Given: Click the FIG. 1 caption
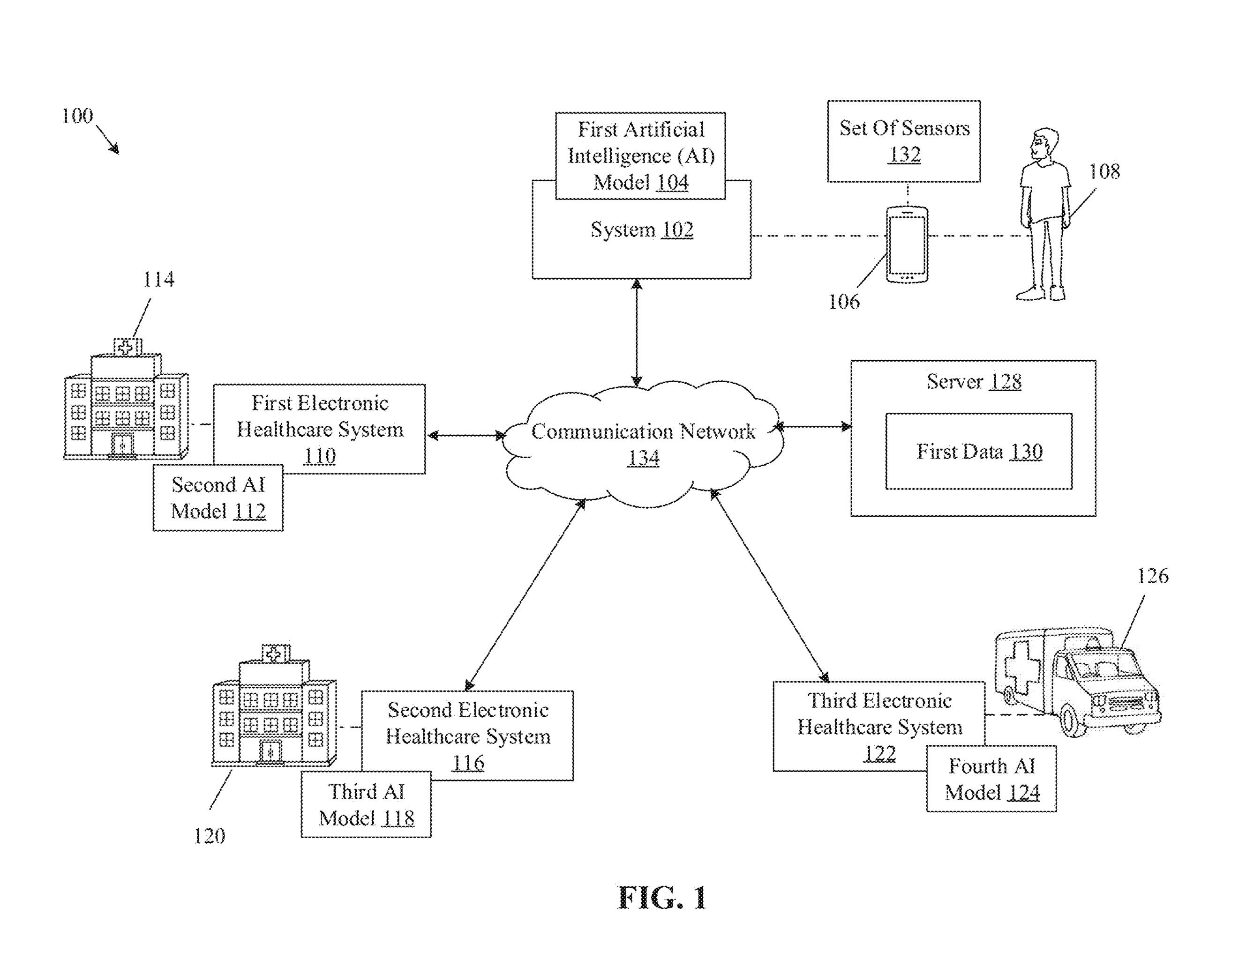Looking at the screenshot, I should click(661, 898).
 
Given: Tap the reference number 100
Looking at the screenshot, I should click(77, 117).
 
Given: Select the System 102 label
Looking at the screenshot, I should click(641, 230).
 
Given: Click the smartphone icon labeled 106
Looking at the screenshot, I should click(907, 245).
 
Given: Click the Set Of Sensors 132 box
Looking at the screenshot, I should click(904, 141).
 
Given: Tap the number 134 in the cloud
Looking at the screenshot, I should click(643, 458).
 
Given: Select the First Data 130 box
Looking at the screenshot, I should click(978, 452).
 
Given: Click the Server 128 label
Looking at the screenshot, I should click(973, 382).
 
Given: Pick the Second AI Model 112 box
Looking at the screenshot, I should click(218, 498).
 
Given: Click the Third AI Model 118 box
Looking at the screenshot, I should click(366, 804).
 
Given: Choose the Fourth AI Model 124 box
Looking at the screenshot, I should click(991, 779).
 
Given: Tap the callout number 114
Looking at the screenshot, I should click(158, 280).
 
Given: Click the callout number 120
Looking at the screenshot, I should click(209, 836).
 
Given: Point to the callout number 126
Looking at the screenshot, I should click(1152, 576).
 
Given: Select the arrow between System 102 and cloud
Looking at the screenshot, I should click(636, 333).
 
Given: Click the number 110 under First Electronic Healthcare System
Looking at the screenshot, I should click(319, 456).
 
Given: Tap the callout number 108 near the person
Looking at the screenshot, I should click(1103, 171).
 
